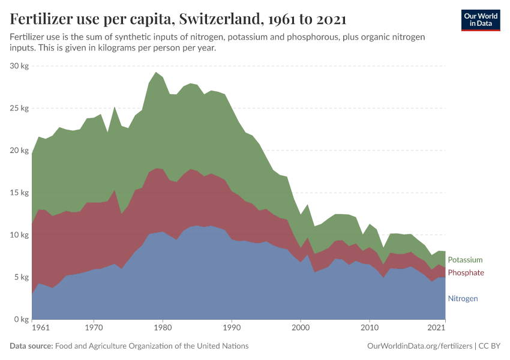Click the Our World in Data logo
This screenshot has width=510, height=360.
tap(481, 20)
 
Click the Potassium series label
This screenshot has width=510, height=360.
tap(465, 260)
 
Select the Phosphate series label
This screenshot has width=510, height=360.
tap(466, 273)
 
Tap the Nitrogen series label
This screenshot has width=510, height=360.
tap(463, 298)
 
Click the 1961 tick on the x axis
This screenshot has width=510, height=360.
tap(41, 328)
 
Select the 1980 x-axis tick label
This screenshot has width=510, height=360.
tap(162, 328)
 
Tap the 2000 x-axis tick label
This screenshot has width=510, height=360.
tap(300, 328)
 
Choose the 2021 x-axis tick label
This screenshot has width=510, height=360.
tap(436, 328)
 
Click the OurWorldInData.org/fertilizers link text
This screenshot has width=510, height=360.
tap(419, 346)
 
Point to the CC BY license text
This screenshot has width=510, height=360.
tap(488, 346)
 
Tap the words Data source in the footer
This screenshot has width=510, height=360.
tap(31, 346)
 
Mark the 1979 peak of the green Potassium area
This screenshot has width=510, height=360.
tap(155, 73)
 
